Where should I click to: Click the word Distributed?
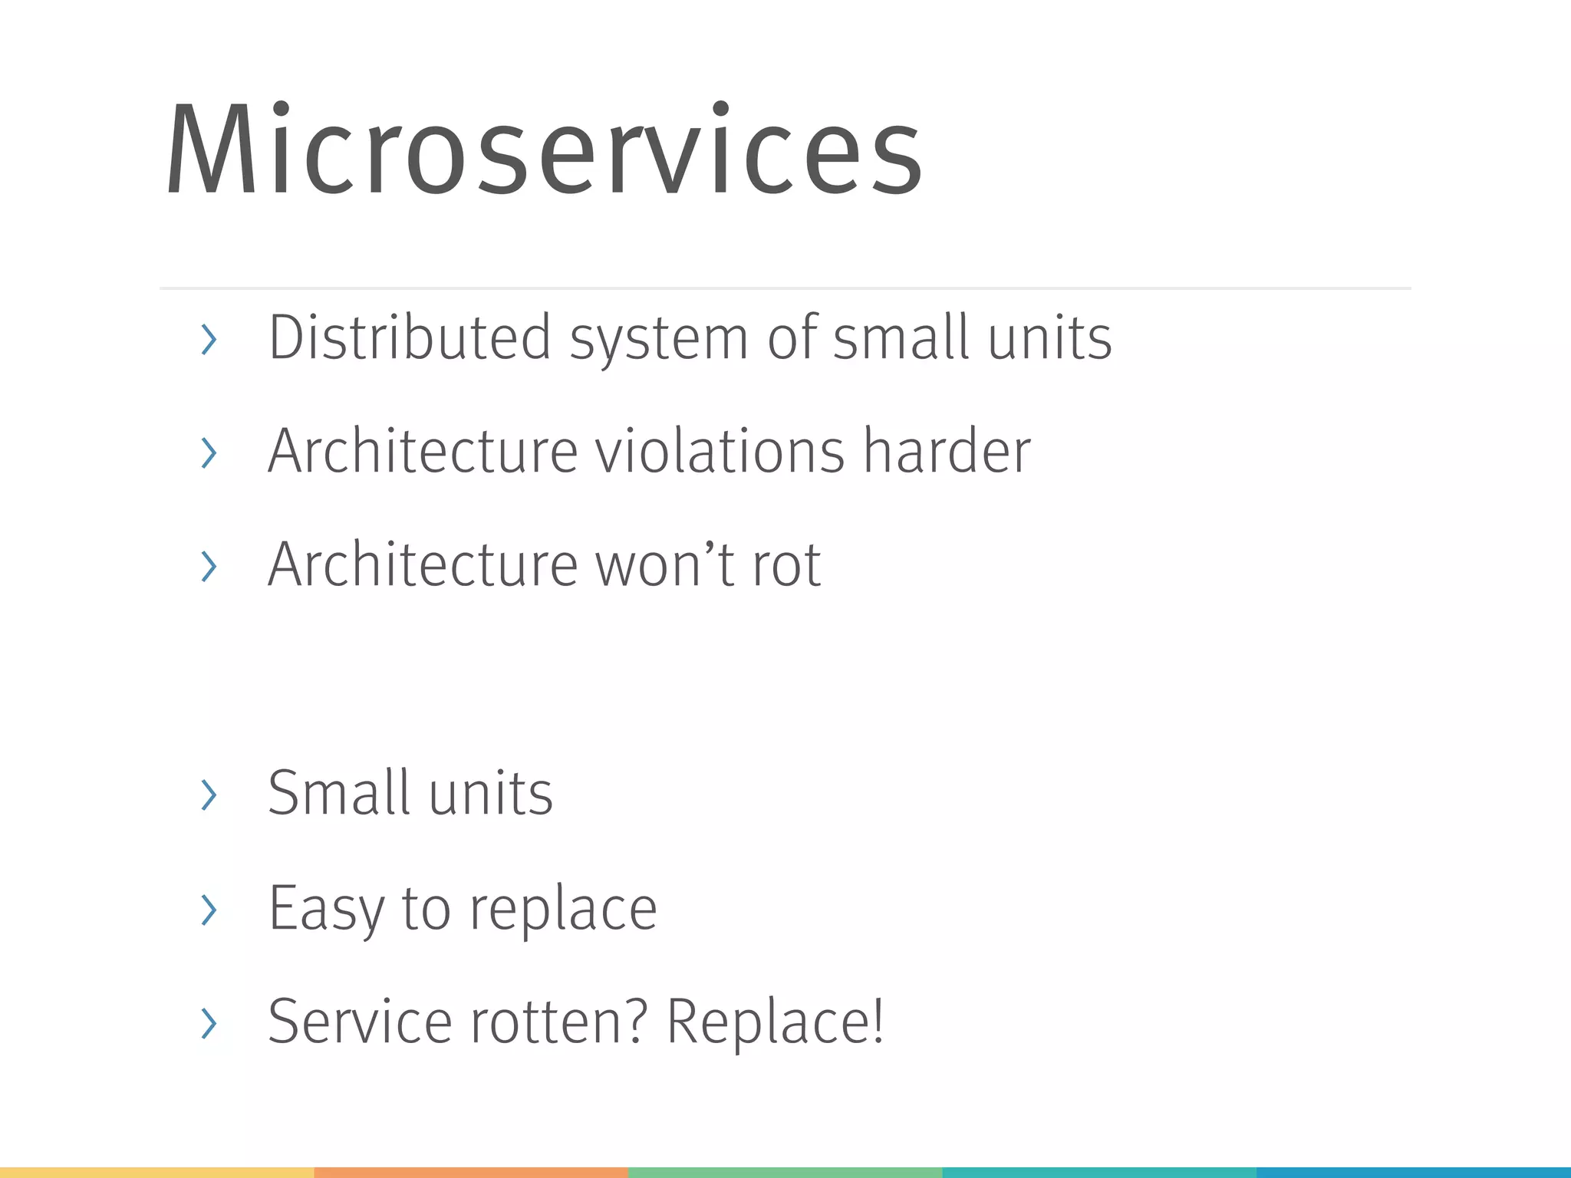point(410,337)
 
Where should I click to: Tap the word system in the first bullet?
point(658,339)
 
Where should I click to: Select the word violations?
point(720,451)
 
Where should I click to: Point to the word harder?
point(947,451)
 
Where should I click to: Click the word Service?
point(360,1022)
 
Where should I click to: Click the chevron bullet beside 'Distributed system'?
point(208,339)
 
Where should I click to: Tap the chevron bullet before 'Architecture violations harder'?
point(208,452)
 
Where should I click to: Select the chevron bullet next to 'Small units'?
point(208,794)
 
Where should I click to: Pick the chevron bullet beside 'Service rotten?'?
point(208,1023)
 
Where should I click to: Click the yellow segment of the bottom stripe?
point(156,1173)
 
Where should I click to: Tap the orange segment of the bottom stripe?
point(471,1173)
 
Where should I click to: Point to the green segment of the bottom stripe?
point(785,1173)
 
